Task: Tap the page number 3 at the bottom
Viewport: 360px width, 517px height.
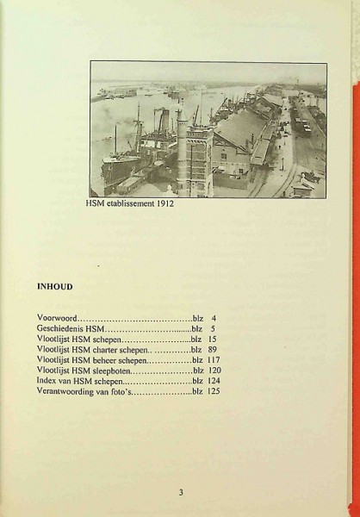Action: [181, 493]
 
